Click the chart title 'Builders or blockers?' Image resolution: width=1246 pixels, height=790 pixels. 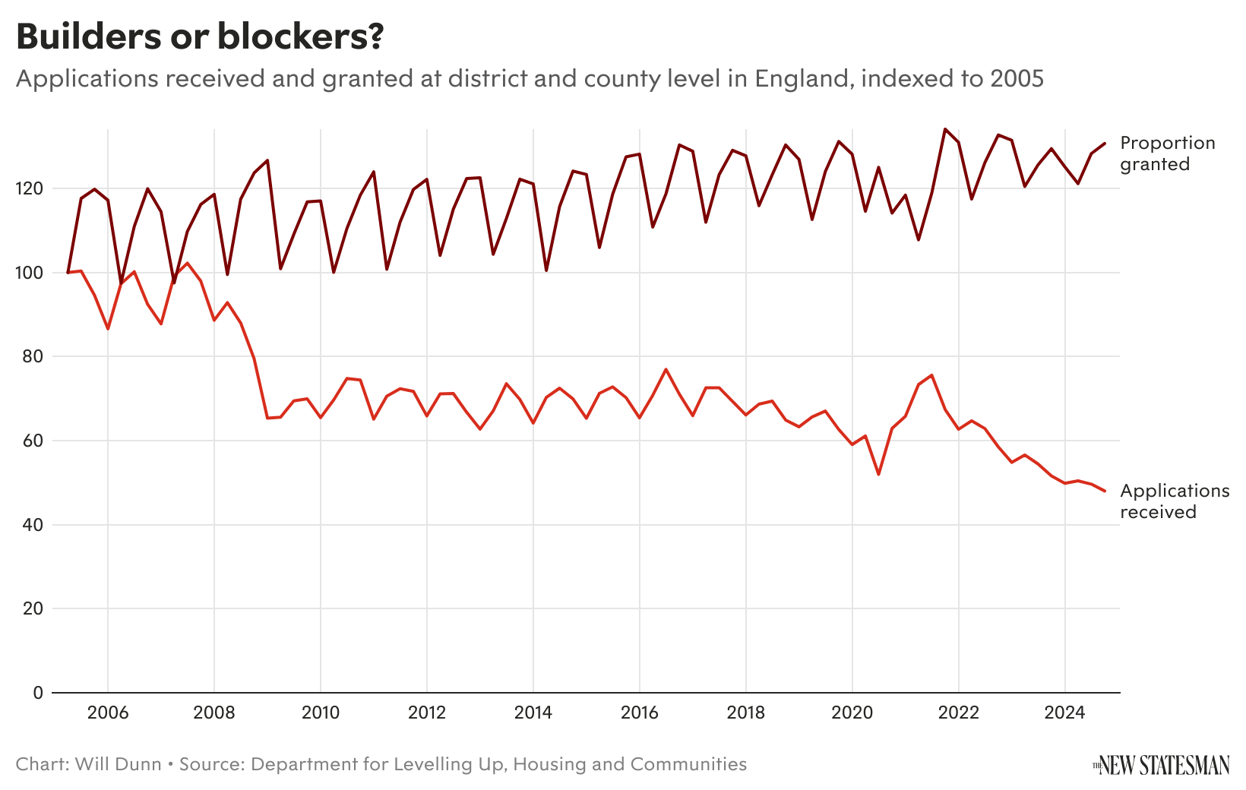pyautogui.click(x=199, y=37)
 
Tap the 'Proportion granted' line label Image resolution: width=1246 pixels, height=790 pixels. pyautogui.click(x=1167, y=153)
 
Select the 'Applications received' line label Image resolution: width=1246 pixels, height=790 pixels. pyautogui.click(x=1174, y=501)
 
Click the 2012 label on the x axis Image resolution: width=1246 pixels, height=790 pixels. pyautogui.click(x=427, y=714)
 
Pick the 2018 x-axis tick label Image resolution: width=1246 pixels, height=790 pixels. pyautogui.click(x=746, y=714)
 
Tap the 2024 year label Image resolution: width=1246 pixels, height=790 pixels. pyautogui.click(x=1065, y=714)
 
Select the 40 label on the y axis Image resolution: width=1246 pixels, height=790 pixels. pyautogui.click(x=36, y=525)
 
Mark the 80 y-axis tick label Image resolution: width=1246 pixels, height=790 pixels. pyautogui.click(x=36, y=356)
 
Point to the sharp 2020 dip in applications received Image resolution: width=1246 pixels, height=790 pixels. pyautogui.click(x=879, y=474)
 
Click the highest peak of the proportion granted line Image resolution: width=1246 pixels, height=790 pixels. pyautogui.click(x=944, y=129)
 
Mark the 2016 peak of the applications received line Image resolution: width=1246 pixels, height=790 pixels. pyautogui.click(x=666, y=369)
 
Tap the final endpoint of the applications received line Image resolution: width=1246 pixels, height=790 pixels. pyautogui.click(x=1105, y=491)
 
